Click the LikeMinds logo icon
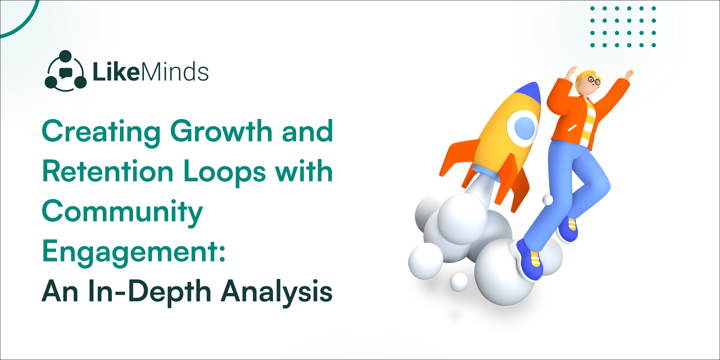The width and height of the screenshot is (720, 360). (66, 71)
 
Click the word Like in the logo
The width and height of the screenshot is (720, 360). (116, 72)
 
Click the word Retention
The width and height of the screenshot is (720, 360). (108, 171)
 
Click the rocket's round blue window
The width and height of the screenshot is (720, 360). (524, 128)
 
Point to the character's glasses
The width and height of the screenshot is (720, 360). (594, 80)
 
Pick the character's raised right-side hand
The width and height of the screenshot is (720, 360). (629, 74)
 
